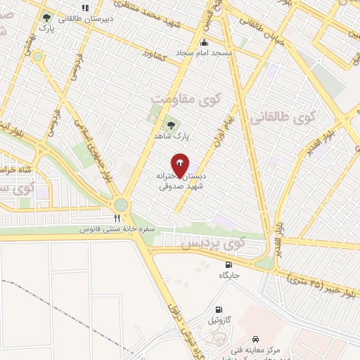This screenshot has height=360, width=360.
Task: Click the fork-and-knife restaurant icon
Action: [117, 218]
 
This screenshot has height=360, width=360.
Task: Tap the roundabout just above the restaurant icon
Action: [121, 204]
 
